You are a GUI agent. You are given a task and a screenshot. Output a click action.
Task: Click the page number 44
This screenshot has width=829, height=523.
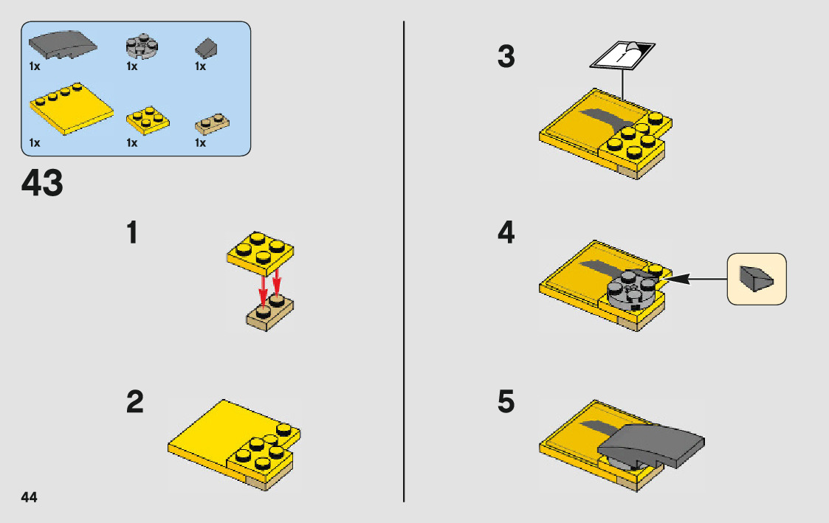tap(29, 497)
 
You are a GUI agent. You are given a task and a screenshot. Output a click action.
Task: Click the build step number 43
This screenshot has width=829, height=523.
tap(42, 183)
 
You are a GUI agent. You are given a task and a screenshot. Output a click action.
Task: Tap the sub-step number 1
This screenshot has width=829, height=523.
tap(132, 232)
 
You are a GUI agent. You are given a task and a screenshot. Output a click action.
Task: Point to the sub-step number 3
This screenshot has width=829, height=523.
tap(506, 56)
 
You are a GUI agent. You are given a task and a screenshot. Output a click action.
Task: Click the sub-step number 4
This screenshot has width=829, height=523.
tap(506, 232)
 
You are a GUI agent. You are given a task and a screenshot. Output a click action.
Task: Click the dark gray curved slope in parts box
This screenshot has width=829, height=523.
tap(63, 45)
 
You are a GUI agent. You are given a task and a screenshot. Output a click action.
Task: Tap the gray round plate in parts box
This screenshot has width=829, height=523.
tap(142, 46)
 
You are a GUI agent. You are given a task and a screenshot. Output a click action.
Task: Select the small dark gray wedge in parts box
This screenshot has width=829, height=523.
tap(206, 48)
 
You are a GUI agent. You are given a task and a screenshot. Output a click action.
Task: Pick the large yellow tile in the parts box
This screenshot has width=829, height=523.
tap(72, 108)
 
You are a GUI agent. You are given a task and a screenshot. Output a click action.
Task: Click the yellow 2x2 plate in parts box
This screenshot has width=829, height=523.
tap(148, 120)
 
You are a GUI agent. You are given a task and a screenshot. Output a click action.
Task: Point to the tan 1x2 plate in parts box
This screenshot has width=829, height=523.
tap(212, 124)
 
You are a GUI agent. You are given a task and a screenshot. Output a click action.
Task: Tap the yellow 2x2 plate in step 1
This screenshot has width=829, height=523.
tap(260, 252)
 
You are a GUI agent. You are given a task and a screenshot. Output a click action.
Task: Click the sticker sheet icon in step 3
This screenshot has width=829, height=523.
tap(622, 55)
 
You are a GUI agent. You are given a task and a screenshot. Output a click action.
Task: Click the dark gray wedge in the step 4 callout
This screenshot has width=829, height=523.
tap(757, 278)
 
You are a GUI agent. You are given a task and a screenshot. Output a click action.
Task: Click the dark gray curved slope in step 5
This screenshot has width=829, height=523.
tap(651, 446)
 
